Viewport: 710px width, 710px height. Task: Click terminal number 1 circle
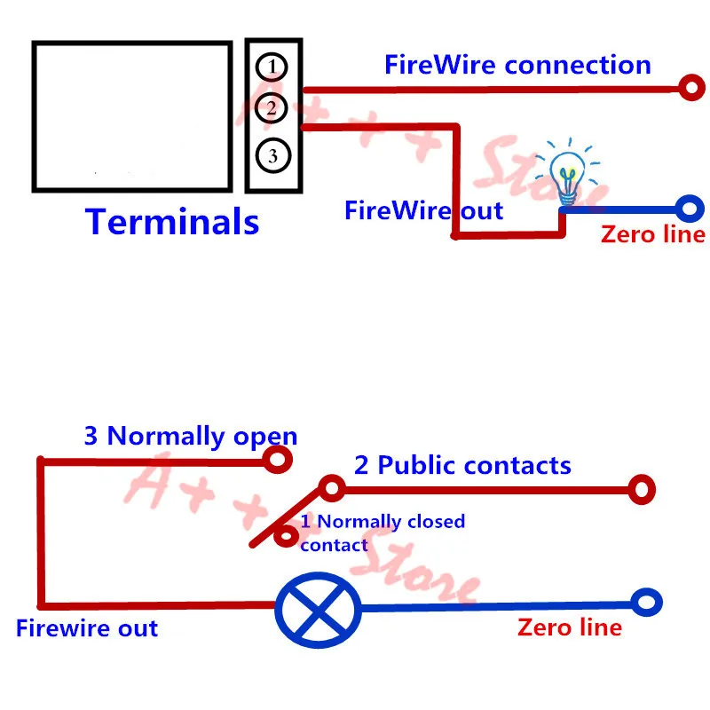272,67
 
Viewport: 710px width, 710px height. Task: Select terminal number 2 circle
272,108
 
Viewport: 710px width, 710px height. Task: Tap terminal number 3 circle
273,156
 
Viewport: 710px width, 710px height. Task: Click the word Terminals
172,222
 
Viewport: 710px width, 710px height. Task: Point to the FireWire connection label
517,65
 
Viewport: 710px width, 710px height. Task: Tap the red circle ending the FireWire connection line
692,87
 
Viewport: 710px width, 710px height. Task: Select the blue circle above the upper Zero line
690,209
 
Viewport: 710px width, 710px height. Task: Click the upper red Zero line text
653,234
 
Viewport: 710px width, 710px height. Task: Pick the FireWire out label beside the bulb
424,210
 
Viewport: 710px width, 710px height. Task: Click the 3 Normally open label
191,437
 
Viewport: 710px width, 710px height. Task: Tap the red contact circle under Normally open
278,460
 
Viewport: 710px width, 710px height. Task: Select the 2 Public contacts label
462,465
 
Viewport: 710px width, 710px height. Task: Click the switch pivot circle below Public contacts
332,488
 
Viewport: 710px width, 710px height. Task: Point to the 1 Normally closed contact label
383,533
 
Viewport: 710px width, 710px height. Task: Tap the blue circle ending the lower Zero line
647,603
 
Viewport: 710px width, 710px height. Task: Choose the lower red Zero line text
570,627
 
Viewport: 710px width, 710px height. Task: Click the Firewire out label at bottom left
87,628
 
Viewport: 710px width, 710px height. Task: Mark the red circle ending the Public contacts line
642,490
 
